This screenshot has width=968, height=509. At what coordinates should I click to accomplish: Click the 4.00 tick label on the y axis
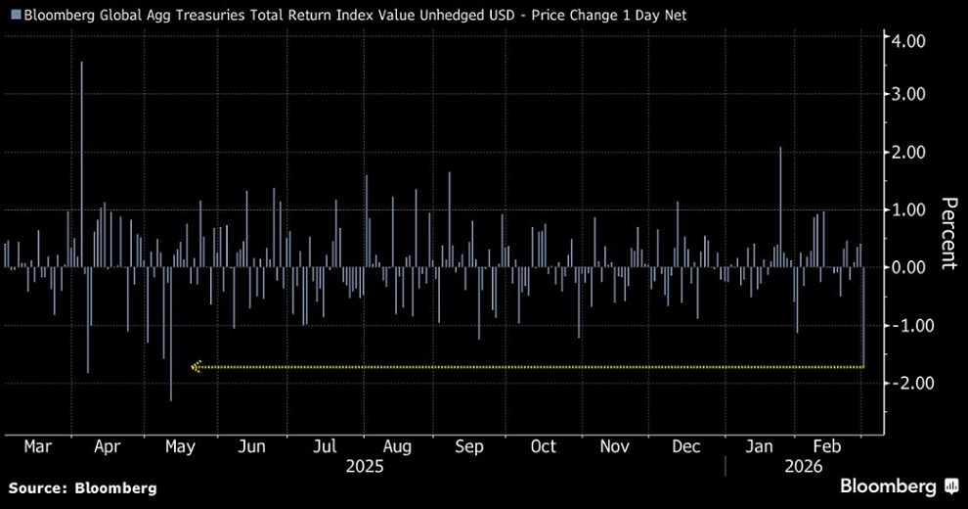tap(908, 41)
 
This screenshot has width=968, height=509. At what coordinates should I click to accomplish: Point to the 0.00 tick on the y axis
tap(908, 267)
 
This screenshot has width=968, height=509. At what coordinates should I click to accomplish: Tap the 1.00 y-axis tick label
tap(908, 209)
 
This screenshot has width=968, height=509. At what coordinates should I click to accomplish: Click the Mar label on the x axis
tap(37, 446)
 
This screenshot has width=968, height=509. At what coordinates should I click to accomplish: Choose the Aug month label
tap(397, 446)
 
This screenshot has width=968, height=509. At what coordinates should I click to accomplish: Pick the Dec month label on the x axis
tap(686, 446)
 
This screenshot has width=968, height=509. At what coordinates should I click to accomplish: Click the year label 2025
tap(365, 467)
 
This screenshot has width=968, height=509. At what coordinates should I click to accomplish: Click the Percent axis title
tap(947, 233)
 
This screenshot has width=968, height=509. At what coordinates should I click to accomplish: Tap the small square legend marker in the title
tap(15, 16)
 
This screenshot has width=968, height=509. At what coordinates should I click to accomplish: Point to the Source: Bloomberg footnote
tap(82, 486)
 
